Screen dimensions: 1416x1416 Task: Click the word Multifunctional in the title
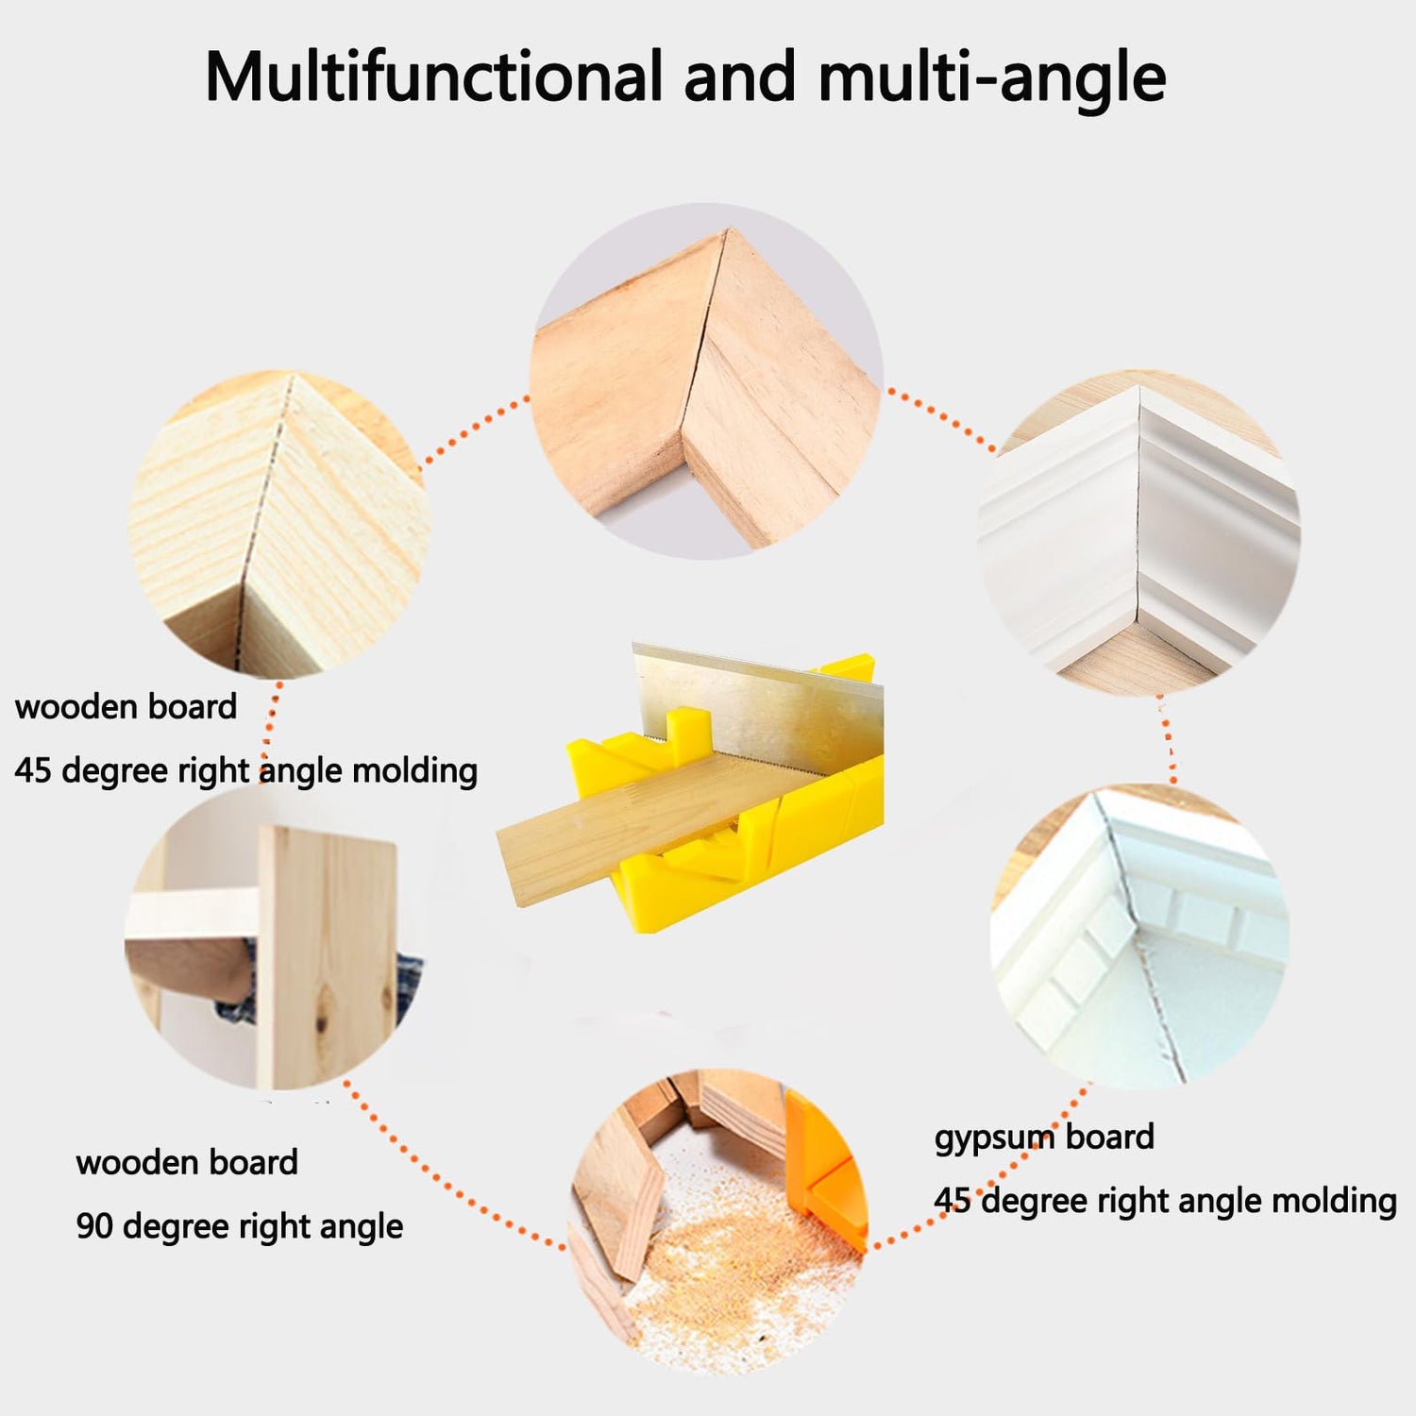click(433, 76)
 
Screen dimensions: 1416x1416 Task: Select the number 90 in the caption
click(94, 1226)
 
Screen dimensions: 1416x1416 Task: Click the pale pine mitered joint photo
click(278, 524)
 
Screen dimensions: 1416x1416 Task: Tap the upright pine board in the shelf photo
click(326, 953)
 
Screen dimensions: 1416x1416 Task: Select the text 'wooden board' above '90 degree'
click(187, 1162)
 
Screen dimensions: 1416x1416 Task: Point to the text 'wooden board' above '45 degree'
click(126, 707)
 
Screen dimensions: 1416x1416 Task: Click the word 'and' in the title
click(740, 76)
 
